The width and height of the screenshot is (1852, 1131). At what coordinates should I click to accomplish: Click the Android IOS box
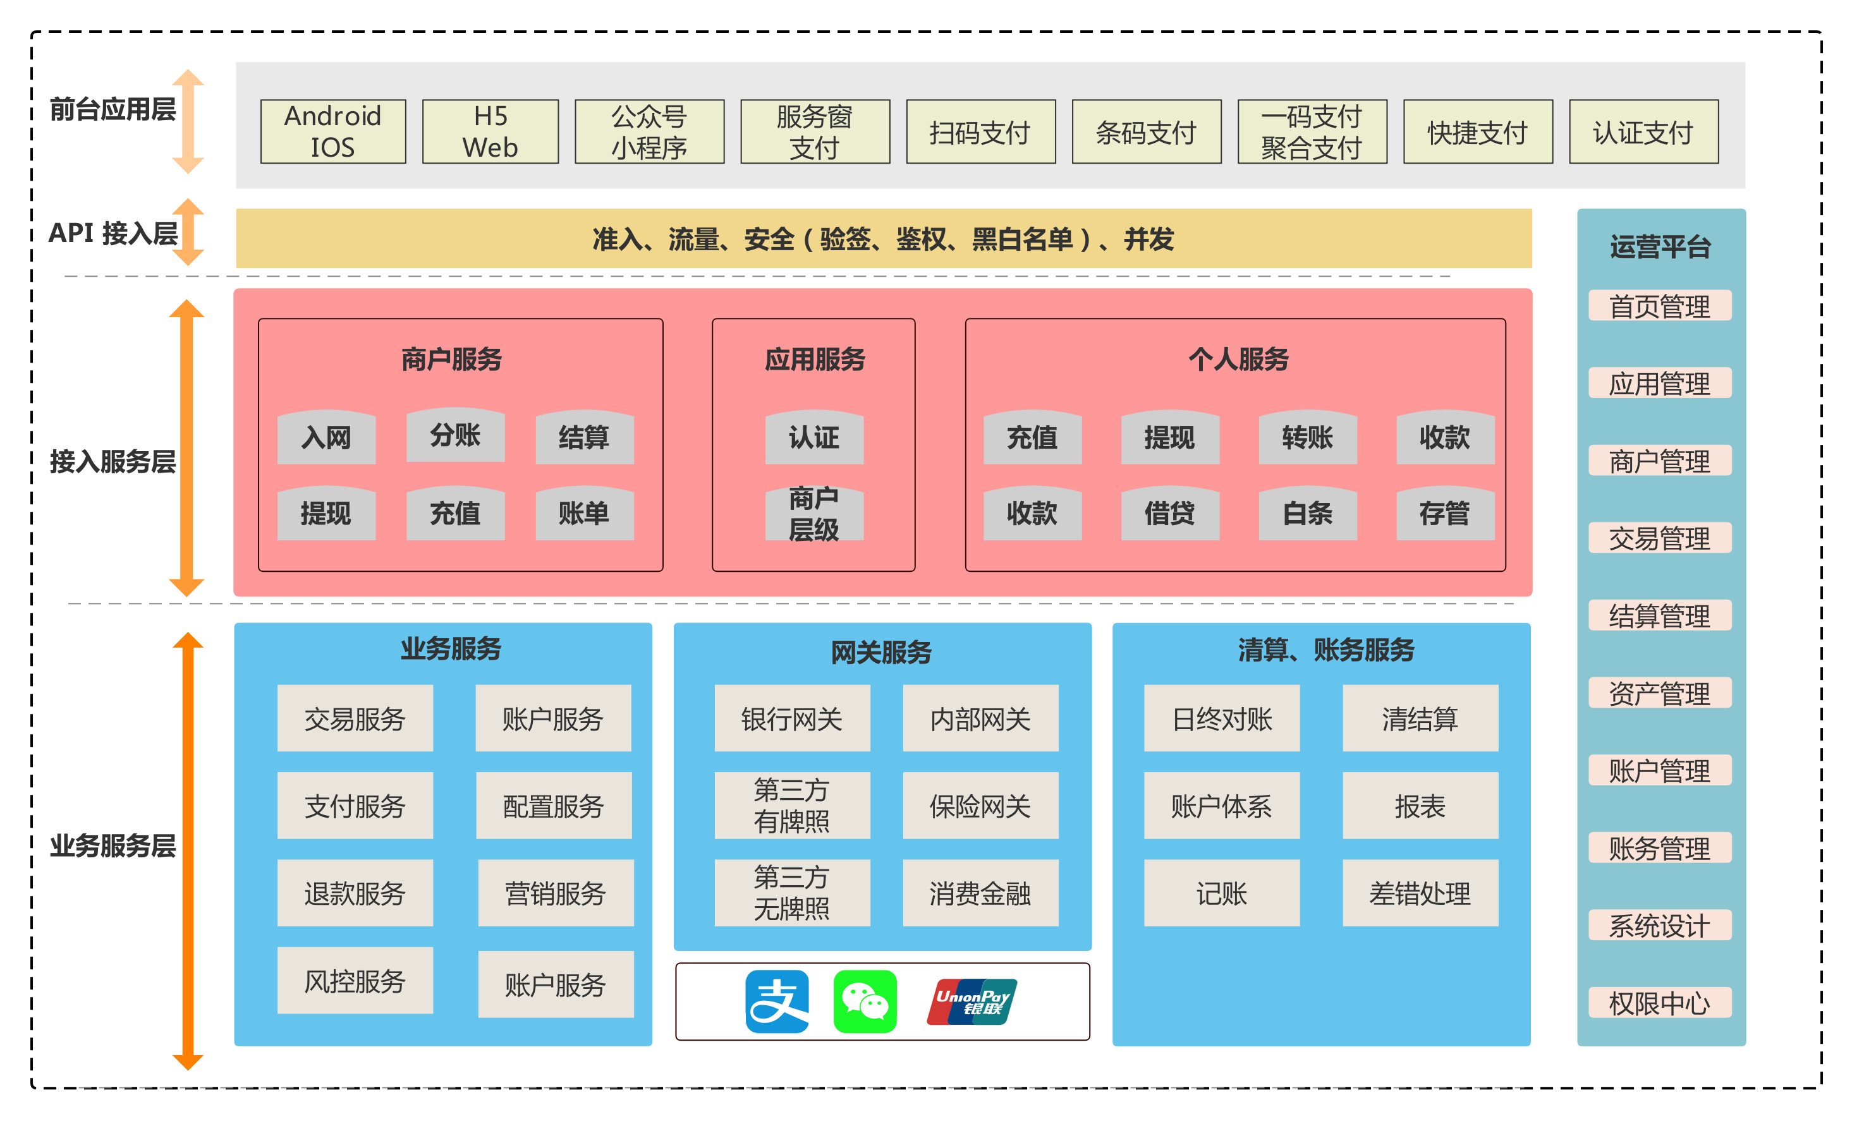pyautogui.click(x=333, y=131)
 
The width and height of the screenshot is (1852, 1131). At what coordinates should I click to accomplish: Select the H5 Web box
pyautogui.click(x=490, y=131)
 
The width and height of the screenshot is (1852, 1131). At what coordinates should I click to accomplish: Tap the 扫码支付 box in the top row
pyautogui.click(x=980, y=132)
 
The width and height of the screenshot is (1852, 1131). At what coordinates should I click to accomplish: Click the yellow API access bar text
pyautogui.click(x=883, y=239)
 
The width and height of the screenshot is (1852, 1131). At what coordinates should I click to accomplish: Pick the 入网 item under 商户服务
pyautogui.click(x=326, y=437)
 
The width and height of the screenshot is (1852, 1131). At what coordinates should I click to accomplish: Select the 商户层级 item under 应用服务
pyautogui.click(x=814, y=514)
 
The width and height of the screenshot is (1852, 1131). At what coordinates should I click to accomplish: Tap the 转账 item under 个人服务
pyautogui.click(x=1307, y=437)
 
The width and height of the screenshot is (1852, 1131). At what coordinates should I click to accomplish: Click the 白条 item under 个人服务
pyautogui.click(x=1307, y=514)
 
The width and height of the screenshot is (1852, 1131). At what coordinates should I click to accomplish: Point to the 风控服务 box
pyautogui.click(x=355, y=981)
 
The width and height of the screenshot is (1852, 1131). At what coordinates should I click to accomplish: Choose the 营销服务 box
pyautogui.click(x=556, y=893)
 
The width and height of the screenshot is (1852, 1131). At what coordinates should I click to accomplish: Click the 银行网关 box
pyautogui.click(x=791, y=718)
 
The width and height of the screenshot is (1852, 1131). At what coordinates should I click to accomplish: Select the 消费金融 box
pyautogui.click(x=980, y=893)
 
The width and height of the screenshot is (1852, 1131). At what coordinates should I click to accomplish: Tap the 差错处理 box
pyautogui.click(x=1420, y=893)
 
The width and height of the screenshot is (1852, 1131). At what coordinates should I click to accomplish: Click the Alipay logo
pyautogui.click(x=777, y=1001)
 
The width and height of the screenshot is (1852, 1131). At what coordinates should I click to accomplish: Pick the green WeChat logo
pyautogui.click(x=865, y=1001)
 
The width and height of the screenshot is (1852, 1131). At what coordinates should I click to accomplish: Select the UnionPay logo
pyautogui.click(x=972, y=1001)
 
